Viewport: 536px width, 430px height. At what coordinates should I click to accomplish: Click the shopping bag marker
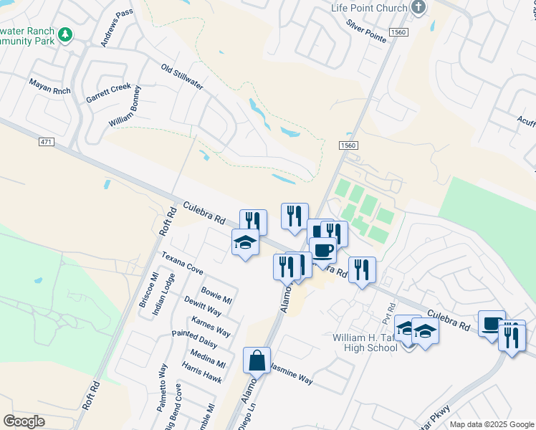tap(257, 361)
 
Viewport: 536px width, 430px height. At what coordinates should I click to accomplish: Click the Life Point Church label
tap(369, 8)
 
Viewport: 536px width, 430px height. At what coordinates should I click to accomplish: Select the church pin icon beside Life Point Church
tap(419, 8)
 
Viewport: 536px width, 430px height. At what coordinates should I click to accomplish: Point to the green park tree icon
tap(65, 34)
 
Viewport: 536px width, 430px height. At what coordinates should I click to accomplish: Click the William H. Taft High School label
tap(364, 343)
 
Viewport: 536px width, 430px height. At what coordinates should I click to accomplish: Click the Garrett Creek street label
tap(108, 92)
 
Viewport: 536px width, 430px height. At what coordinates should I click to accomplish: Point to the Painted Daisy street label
tap(194, 338)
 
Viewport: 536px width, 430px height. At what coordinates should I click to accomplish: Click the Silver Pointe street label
tap(367, 33)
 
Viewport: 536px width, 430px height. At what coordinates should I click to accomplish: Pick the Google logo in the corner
tap(24, 421)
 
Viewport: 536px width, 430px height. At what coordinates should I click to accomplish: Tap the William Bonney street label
tap(131, 106)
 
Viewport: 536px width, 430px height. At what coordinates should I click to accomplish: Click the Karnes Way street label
tap(211, 326)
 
